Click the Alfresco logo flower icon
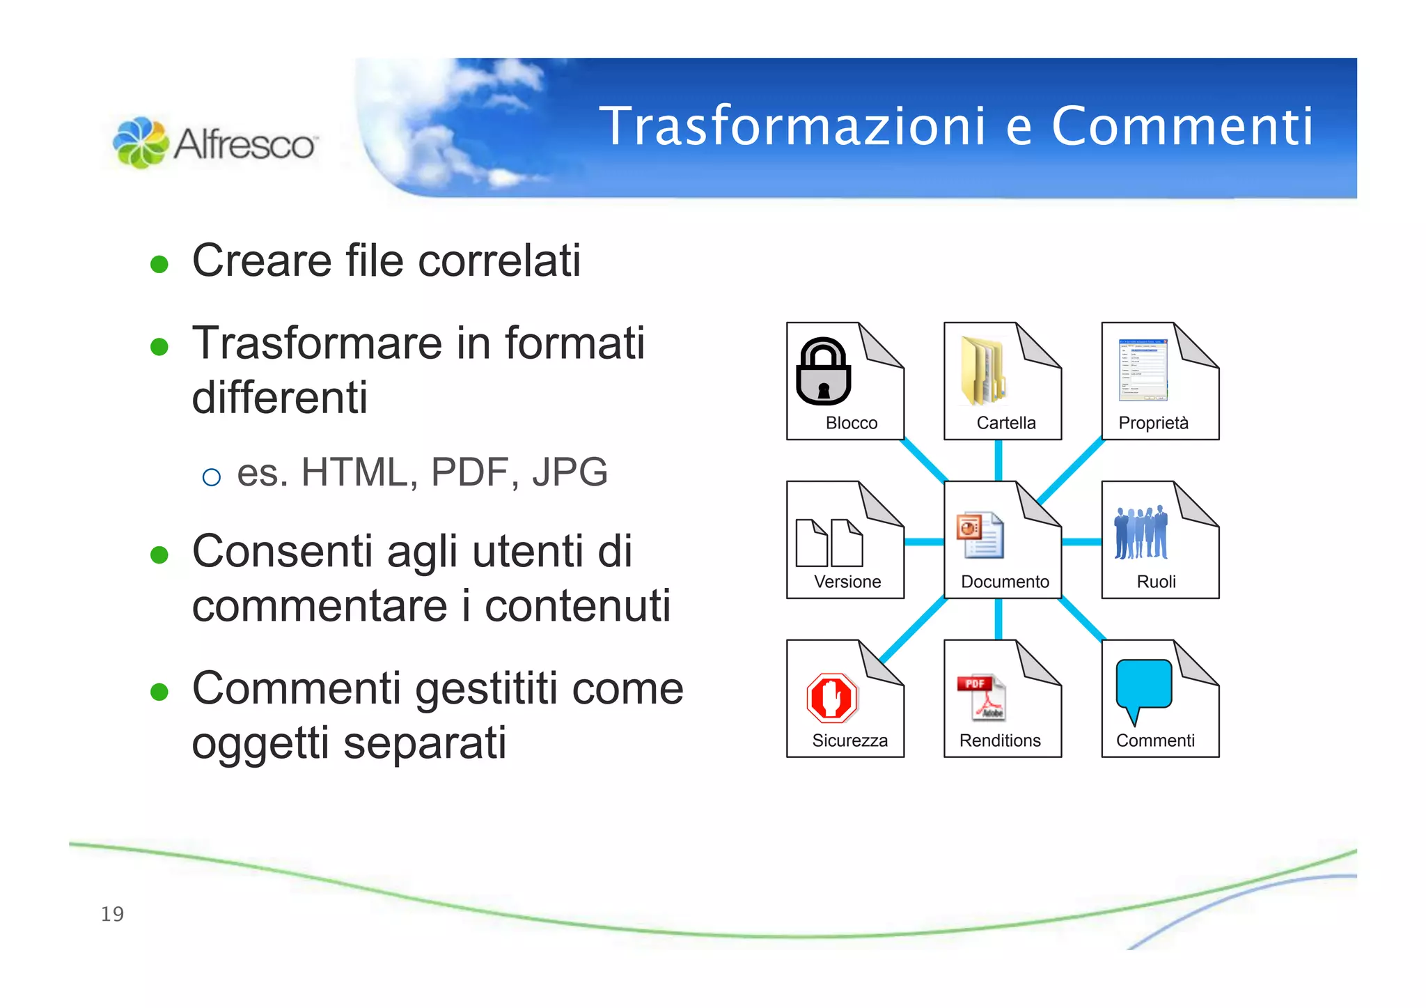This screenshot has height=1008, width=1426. pos(141,142)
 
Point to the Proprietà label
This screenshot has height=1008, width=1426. pos(1153,423)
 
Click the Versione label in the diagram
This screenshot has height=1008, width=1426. pos(847,582)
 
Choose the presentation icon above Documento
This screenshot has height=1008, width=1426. pos(980,535)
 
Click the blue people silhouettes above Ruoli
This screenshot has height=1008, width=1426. pos(1141,533)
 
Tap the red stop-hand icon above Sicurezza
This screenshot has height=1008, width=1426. pos(832,697)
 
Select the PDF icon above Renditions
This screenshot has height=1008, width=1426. pos(981,697)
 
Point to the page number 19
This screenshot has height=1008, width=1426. pos(112,914)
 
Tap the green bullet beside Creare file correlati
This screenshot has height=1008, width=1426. pos(159,264)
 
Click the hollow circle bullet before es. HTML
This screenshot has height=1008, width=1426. pos(211,477)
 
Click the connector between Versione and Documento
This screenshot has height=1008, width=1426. pos(924,541)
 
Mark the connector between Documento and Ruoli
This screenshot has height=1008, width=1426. pos(1081,541)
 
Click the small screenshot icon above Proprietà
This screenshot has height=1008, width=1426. pos(1143,370)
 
